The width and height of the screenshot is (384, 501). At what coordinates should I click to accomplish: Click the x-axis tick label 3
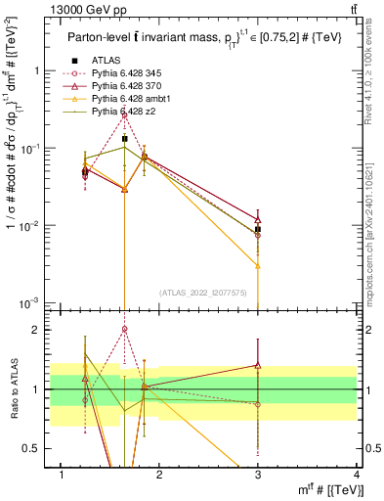coord(258,475)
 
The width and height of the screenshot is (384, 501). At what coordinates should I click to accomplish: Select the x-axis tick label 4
coord(357,475)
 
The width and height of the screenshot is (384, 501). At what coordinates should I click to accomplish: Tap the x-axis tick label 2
coord(160,475)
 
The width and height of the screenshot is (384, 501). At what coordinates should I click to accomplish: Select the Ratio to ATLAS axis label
coord(15,388)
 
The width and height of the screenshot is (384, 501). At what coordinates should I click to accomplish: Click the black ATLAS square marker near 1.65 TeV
coord(125,139)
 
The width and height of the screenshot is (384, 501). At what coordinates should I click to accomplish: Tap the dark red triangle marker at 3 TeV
coord(258,220)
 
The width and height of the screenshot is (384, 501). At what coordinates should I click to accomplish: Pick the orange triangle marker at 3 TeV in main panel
coord(258,265)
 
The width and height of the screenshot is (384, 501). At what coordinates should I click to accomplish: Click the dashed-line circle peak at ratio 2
coord(125,330)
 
